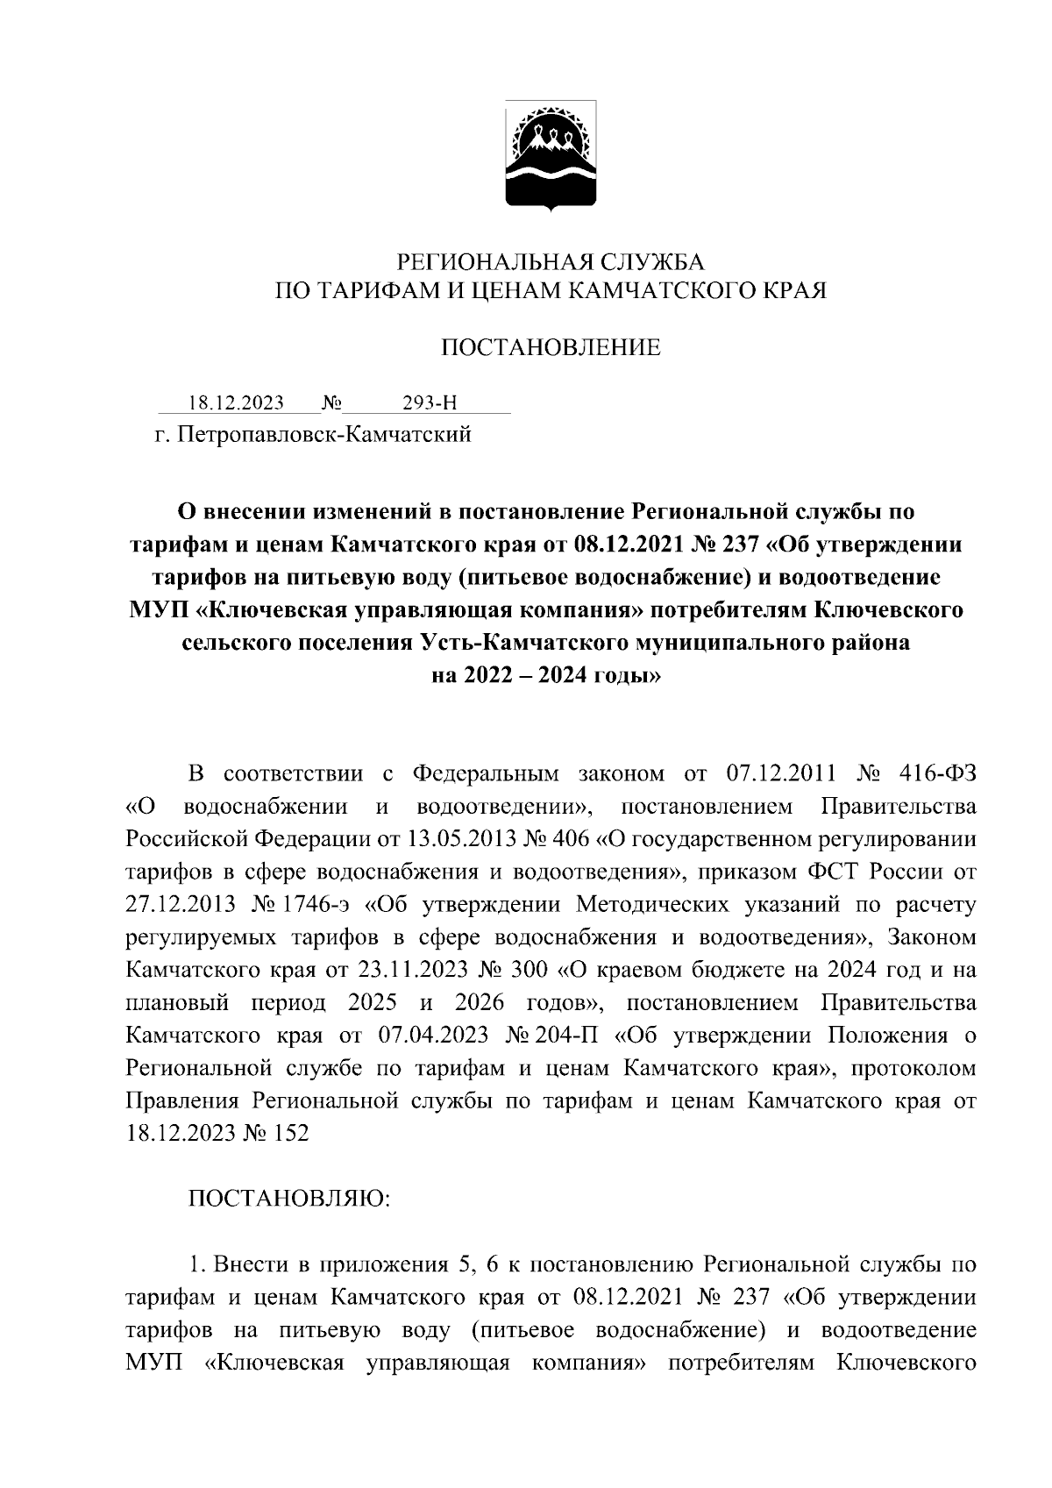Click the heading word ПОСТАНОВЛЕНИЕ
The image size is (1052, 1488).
coord(550,348)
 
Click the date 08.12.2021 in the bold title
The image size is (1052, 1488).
coord(625,545)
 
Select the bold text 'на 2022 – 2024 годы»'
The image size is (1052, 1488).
coord(549,676)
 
